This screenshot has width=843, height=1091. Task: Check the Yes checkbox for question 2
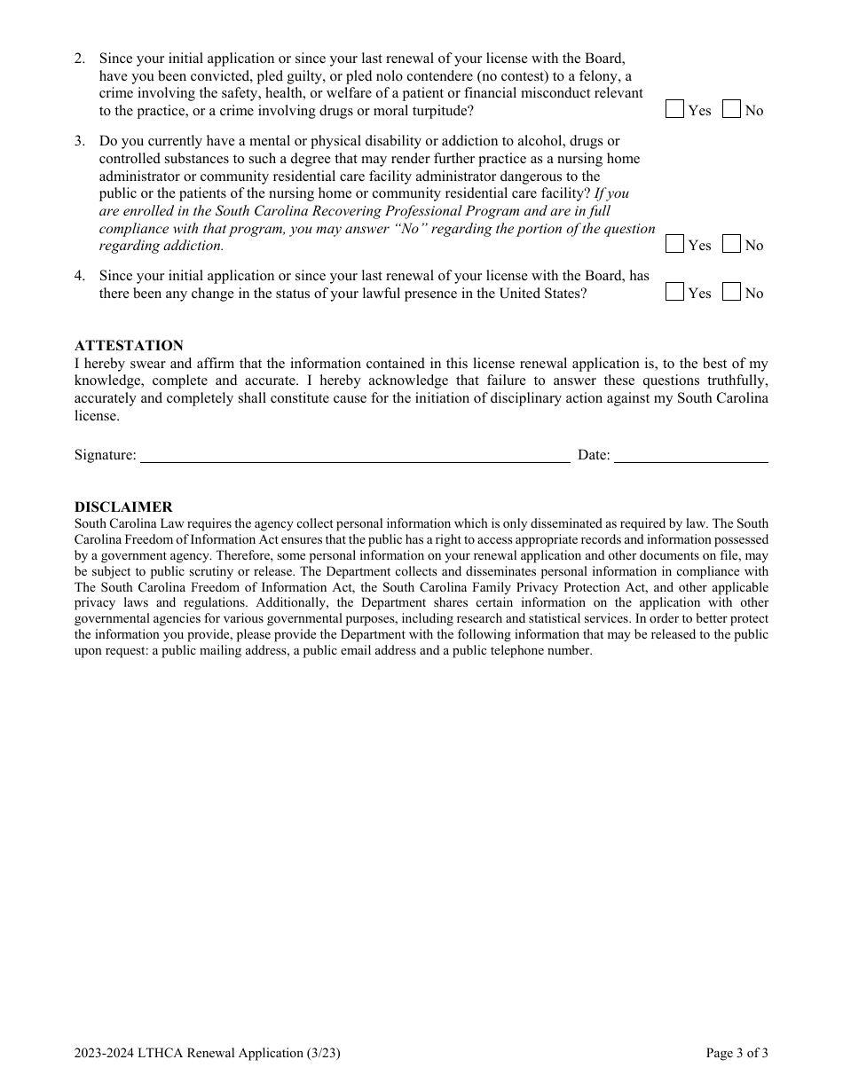pyautogui.click(x=675, y=110)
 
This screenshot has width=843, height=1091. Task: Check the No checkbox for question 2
pyautogui.click(x=732, y=110)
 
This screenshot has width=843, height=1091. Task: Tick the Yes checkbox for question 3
pyautogui.click(x=675, y=245)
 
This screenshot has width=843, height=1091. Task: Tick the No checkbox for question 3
pyautogui.click(x=732, y=245)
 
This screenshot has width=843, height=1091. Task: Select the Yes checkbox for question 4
pyautogui.click(x=675, y=292)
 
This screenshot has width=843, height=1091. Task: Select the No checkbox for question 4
pyautogui.click(x=732, y=292)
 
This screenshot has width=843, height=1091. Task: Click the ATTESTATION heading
pyautogui.click(x=129, y=346)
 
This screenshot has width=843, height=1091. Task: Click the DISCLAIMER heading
pyautogui.click(x=123, y=507)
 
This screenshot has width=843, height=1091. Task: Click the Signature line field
pyautogui.click(x=355, y=455)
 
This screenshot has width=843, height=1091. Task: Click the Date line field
pyautogui.click(x=691, y=455)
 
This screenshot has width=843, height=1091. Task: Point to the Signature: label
pyautogui.click(x=106, y=455)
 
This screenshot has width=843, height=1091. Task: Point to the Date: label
pyautogui.click(x=594, y=455)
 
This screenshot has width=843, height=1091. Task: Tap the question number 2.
pyautogui.click(x=80, y=59)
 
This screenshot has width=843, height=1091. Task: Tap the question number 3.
pyautogui.click(x=80, y=141)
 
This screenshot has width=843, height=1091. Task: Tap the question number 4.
pyautogui.click(x=80, y=276)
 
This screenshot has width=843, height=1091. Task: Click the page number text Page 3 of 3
pyautogui.click(x=737, y=1054)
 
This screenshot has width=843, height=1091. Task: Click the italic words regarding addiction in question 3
pyautogui.click(x=162, y=246)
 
